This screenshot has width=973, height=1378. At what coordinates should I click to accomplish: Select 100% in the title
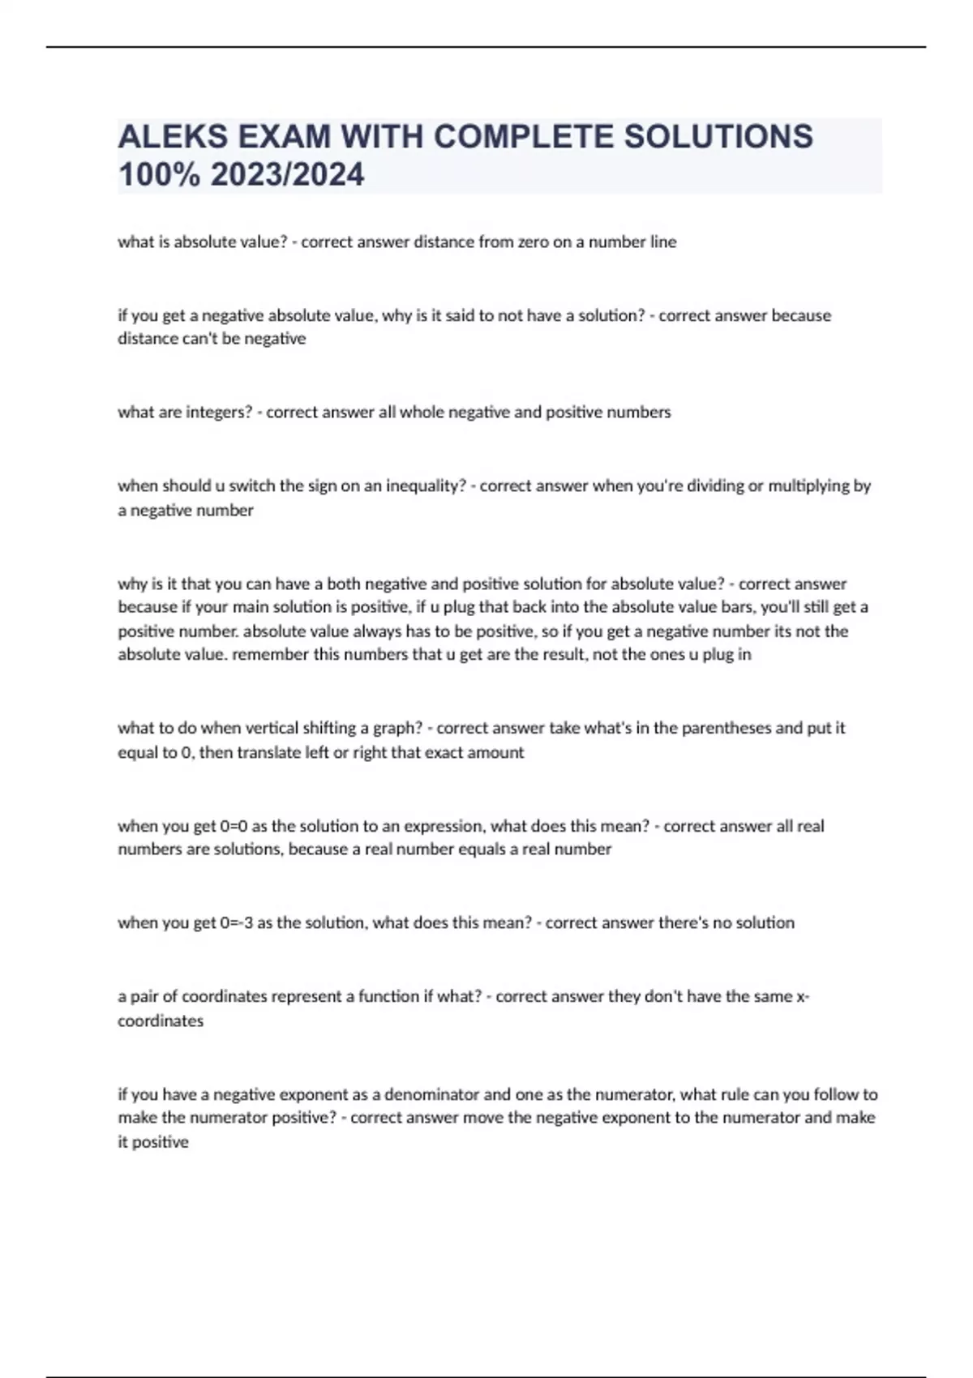coord(159,174)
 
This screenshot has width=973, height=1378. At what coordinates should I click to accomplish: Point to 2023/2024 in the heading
coord(287,174)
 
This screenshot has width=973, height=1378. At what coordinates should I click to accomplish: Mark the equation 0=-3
coord(236,922)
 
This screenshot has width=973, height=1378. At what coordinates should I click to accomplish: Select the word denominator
coord(432,1094)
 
